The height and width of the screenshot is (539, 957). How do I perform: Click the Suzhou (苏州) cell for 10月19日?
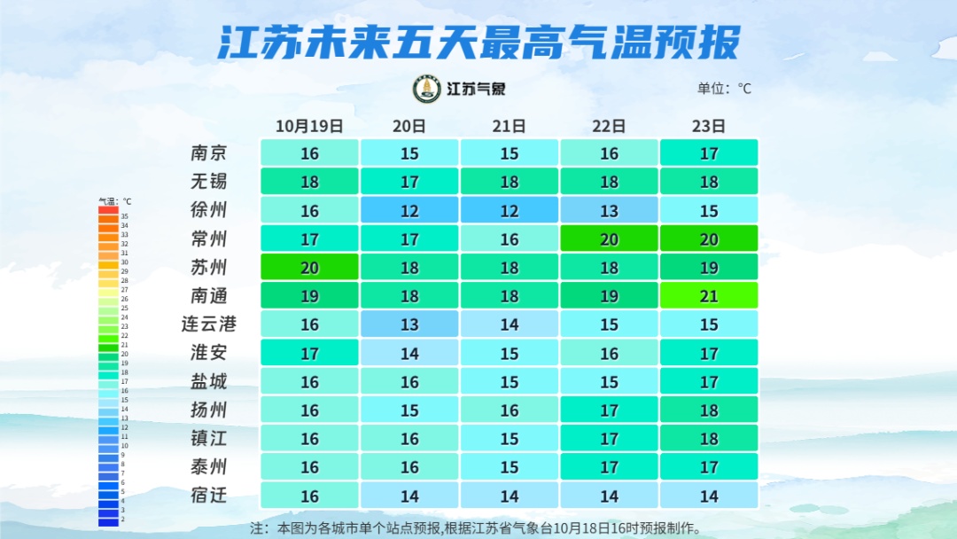pyautogui.click(x=309, y=267)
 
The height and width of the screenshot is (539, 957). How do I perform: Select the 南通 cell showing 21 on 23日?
pyautogui.click(x=709, y=296)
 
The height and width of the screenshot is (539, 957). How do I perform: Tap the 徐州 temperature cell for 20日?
pyautogui.click(x=409, y=210)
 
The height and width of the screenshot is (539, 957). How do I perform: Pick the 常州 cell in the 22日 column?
pyautogui.click(x=609, y=238)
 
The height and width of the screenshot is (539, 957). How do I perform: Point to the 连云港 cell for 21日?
pyautogui.click(x=509, y=324)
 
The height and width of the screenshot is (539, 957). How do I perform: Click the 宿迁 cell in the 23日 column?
pyautogui.click(x=709, y=496)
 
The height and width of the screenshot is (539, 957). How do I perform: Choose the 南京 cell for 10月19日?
pyautogui.click(x=309, y=153)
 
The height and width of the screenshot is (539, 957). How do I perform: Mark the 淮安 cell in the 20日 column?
pyautogui.click(x=409, y=353)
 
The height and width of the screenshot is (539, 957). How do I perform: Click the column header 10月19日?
pyautogui.click(x=309, y=126)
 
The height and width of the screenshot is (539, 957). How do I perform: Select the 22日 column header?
pyautogui.click(x=609, y=126)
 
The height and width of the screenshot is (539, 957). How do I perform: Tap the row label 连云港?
pyautogui.click(x=209, y=324)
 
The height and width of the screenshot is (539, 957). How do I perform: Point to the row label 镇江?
pyautogui.click(x=209, y=439)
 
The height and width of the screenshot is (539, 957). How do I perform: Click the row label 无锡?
pyautogui.click(x=209, y=182)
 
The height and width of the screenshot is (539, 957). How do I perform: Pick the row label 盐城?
pyautogui.click(x=209, y=381)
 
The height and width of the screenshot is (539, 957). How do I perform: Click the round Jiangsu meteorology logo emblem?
pyautogui.click(x=427, y=89)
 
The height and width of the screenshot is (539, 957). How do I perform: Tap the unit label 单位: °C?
pyautogui.click(x=724, y=89)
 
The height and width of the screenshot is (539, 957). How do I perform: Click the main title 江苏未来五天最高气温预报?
pyautogui.click(x=478, y=42)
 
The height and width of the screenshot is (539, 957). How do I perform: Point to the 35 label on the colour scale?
pyautogui.click(x=125, y=216)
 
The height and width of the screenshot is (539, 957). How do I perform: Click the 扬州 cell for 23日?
pyautogui.click(x=709, y=410)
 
